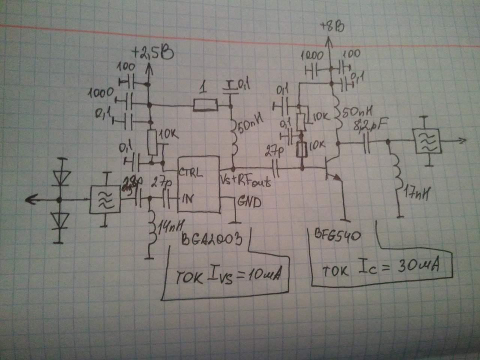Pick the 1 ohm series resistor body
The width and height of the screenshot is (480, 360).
click(205, 105)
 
